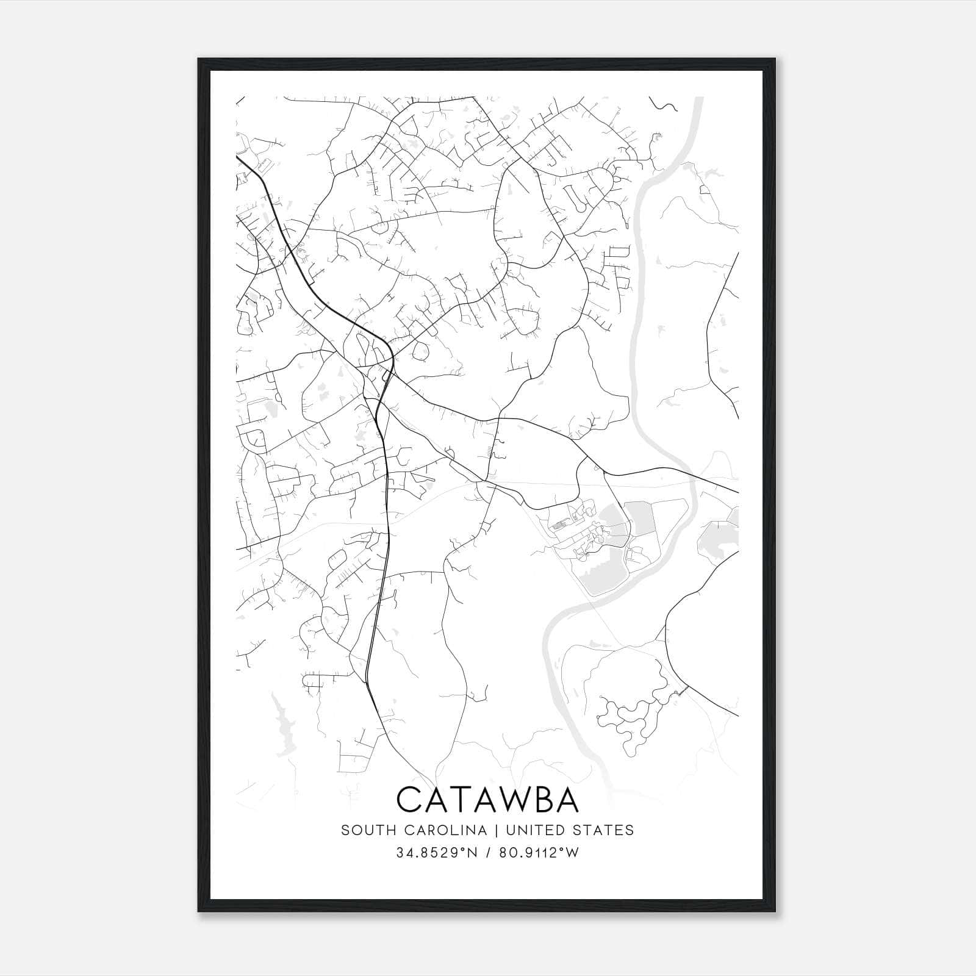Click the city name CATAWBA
487,800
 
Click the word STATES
604,830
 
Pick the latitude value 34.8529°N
436,853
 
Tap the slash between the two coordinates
488,853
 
